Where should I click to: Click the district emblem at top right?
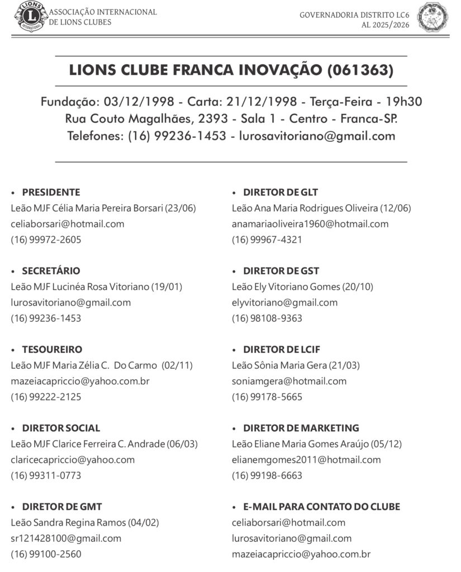point(433,17)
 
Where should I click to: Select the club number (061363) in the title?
point(360,70)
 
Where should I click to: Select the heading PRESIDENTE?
point(51,192)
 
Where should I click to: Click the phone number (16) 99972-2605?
point(46,240)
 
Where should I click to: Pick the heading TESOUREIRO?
point(52,349)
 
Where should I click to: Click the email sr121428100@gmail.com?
point(66,538)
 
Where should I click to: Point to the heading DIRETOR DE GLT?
point(280,192)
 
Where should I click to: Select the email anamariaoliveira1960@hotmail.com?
point(310,224)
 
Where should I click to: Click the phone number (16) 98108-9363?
point(267,318)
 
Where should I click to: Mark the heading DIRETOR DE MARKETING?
point(301,428)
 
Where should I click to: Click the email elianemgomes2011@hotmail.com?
point(306,460)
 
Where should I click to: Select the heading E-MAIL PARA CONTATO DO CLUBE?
point(321,507)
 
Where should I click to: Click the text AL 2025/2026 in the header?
point(385,25)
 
